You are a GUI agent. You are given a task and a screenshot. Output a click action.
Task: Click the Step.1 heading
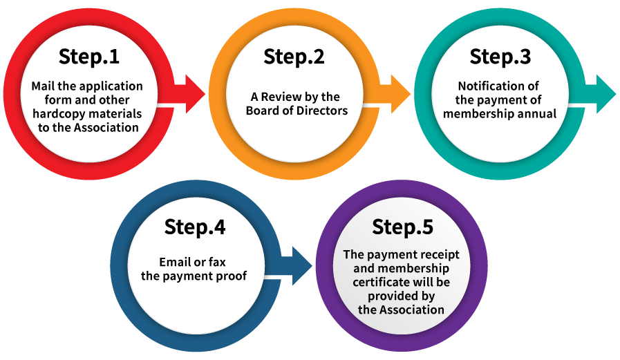[x=88, y=57]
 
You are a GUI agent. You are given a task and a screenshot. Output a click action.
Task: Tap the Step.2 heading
[x=294, y=57]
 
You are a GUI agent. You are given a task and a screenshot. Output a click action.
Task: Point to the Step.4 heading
[x=195, y=227]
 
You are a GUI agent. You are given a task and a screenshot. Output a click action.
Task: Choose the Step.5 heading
[x=402, y=227]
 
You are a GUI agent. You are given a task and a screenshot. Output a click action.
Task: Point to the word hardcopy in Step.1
[x=57, y=113]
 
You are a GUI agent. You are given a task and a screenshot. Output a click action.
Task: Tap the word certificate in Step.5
[x=379, y=282]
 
